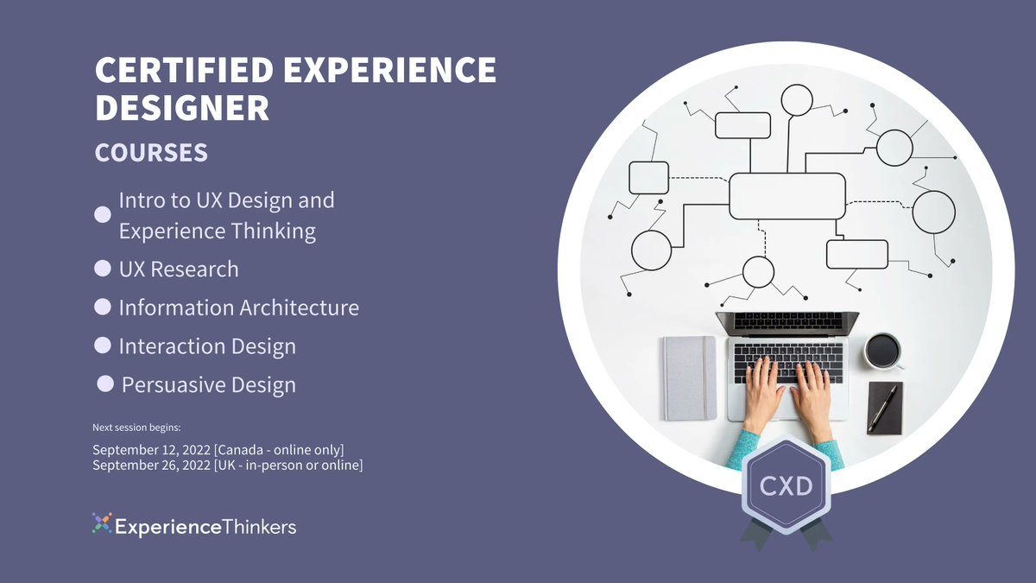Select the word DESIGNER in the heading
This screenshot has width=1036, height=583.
(x=182, y=109)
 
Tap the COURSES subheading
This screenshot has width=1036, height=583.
(x=151, y=153)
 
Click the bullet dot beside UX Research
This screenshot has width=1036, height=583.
(x=102, y=269)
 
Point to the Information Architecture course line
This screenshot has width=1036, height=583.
(x=238, y=307)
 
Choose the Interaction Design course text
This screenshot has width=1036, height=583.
(x=207, y=346)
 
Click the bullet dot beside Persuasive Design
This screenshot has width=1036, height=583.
(x=105, y=384)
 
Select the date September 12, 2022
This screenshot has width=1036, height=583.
(x=152, y=450)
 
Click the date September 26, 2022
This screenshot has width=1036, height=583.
(x=152, y=466)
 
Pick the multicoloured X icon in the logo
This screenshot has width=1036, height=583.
(x=102, y=523)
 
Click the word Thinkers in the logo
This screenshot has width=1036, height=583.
(x=259, y=526)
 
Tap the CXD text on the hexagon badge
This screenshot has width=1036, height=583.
(x=786, y=486)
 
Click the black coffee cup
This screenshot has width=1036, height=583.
(x=881, y=350)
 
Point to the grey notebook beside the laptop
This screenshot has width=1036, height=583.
(x=689, y=377)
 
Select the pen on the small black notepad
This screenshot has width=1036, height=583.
(x=882, y=409)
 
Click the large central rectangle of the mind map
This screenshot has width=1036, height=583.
(x=786, y=196)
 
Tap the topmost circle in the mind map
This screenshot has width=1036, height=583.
(x=797, y=100)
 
